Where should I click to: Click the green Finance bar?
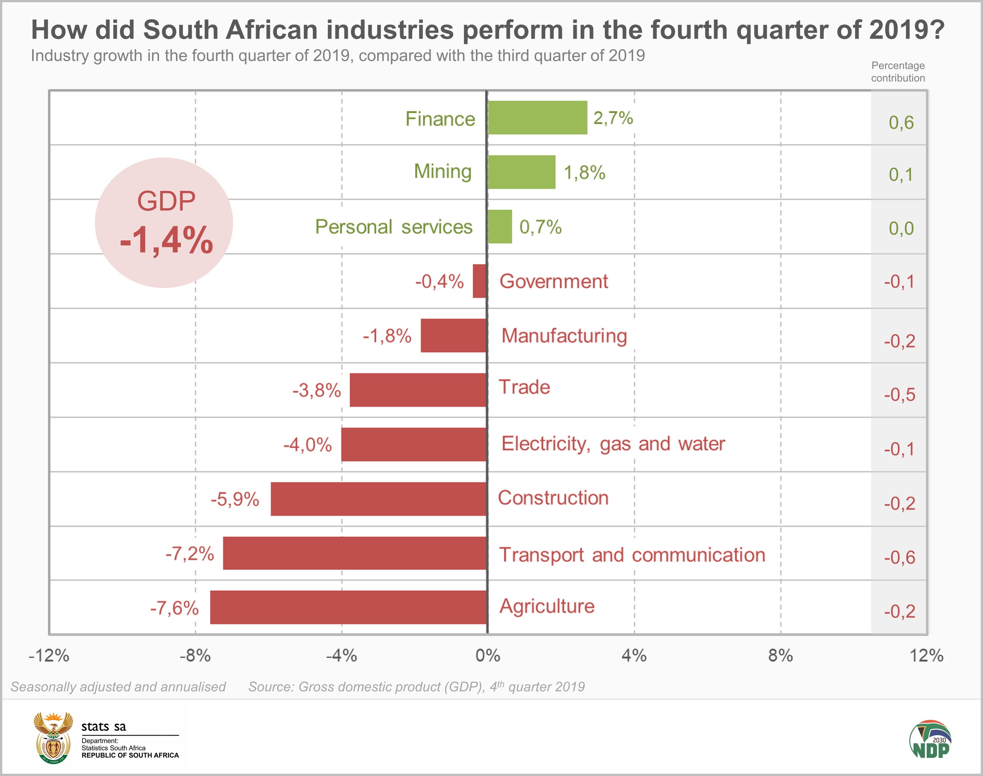pos(537,118)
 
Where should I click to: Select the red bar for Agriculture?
pos(349,607)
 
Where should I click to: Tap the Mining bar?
pos(521,172)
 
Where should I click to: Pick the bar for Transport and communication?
pos(355,553)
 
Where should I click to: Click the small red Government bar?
pos(480,281)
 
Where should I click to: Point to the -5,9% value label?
pos(235,499)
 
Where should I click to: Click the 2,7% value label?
pos(613,118)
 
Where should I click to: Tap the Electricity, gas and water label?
pos(613,444)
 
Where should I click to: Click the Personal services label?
pos(394,227)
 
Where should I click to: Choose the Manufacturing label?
pos(564,336)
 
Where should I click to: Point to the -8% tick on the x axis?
pos(195,655)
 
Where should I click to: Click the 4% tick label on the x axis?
pos(634,655)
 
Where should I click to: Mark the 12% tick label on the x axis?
pos(927,655)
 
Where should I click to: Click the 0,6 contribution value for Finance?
pos(901,123)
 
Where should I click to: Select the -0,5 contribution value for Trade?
pos(899,395)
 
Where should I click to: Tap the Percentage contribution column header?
pos(897,72)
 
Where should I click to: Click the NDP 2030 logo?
pos(930,739)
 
